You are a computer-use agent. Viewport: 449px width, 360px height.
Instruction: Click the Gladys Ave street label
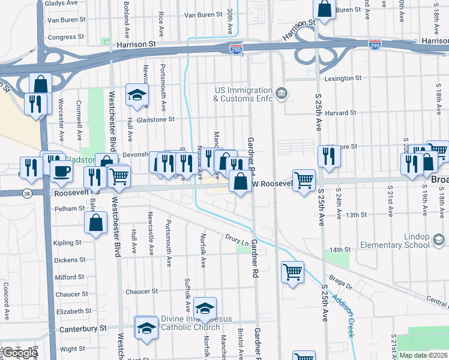61,3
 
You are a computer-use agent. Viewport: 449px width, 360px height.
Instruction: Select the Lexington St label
343,79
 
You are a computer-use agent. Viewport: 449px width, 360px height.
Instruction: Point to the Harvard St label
341,113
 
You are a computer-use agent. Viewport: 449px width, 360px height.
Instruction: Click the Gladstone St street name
154,119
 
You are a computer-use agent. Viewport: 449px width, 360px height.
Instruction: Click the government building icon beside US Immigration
282,94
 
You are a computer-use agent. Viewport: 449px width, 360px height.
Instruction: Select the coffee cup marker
61,172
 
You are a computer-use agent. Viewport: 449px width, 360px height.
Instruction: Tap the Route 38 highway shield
27,193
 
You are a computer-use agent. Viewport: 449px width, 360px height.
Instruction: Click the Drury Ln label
236,239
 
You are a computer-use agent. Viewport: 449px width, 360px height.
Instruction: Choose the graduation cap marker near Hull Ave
137,95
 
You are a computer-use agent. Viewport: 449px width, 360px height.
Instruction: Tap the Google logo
20,353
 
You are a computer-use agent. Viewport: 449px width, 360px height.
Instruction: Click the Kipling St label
67,243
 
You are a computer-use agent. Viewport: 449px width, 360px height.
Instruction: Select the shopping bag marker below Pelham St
97,223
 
